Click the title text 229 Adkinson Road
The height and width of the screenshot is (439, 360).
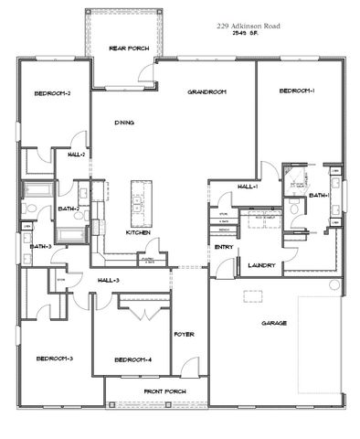(x=249, y=27)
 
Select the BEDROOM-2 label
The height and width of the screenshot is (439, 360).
(x=53, y=93)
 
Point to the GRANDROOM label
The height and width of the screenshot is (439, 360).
(x=206, y=93)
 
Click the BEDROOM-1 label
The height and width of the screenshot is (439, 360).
(x=297, y=91)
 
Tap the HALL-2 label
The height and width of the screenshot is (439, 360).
(x=76, y=155)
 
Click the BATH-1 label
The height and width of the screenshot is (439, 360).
(x=319, y=196)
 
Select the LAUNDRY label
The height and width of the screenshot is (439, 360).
(x=262, y=265)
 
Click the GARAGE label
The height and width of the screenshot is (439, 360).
(x=274, y=323)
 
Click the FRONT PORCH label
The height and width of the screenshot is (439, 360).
(x=164, y=391)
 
